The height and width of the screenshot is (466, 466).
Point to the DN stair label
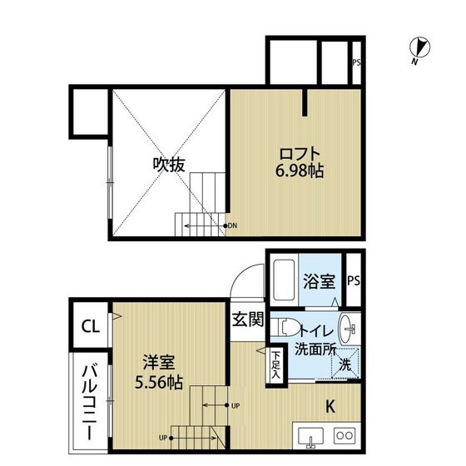click(233, 225)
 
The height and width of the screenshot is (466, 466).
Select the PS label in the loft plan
click(356, 62)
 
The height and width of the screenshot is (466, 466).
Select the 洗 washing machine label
click(345, 364)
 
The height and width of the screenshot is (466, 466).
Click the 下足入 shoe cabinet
click(275, 364)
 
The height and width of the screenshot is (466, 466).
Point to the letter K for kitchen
click(330, 407)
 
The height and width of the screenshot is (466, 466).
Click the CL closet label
click(90, 326)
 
